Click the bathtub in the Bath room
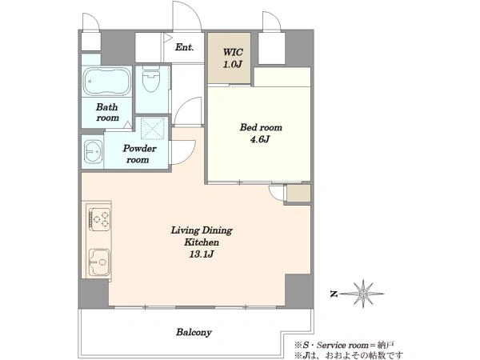tap(107, 82)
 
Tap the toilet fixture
tap(151, 79)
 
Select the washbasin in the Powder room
tap(94, 151)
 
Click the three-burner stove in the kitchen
tap(99, 219)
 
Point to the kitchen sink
tap(99, 262)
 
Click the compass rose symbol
tap(363, 294)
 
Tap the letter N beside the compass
tap(334, 294)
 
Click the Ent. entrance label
tap(185, 47)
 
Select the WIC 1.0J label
tap(233, 58)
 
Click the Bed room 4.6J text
tap(261, 133)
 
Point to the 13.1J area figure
tap(201, 254)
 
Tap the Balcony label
tap(194, 332)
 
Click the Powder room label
tap(139, 154)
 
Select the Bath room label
tap(107, 112)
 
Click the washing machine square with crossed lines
tap(152, 128)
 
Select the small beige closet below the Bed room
tap(298, 193)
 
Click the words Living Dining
tap(202, 230)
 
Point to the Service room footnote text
tap(344, 346)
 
